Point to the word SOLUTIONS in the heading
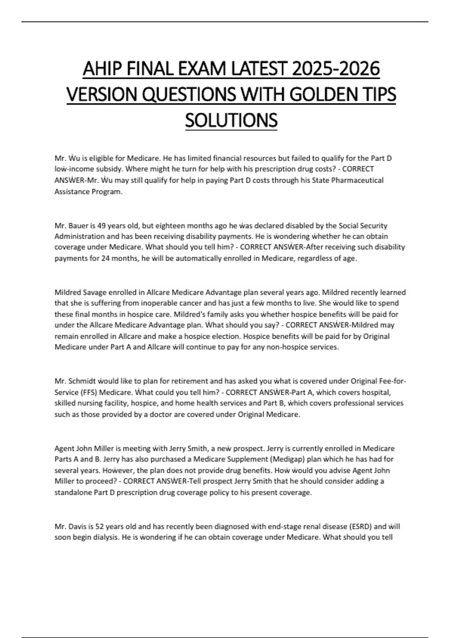click(x=231, y=120)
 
